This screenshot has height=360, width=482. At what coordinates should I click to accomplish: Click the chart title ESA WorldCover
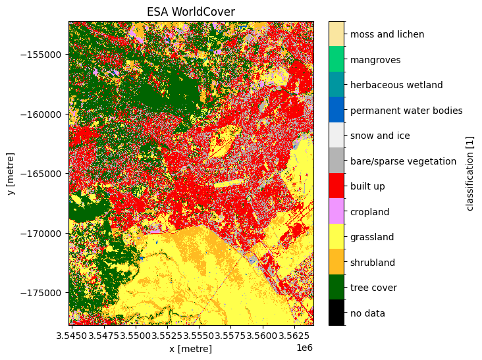(x=191, y=12)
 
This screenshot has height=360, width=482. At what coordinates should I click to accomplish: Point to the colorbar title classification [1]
(x=469, y=173)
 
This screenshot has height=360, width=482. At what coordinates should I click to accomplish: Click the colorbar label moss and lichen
(x=387, y=34)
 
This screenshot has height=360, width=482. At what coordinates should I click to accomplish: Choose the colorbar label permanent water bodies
(x=406, y=111)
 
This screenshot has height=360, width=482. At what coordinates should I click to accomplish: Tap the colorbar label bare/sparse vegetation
(x=403, y=161)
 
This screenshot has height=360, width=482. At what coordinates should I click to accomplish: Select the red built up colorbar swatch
(x=336, y=186)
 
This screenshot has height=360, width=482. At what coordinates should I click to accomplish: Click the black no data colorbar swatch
(x=336, y=313)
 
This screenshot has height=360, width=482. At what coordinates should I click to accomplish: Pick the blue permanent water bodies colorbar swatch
(x=336, y=110)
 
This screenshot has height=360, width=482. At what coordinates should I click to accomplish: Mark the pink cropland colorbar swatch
(x=336, y=211)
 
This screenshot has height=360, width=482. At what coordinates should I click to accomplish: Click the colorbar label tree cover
(x=374, y=288)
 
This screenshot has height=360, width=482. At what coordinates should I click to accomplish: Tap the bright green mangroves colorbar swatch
(x=336, y=59)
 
